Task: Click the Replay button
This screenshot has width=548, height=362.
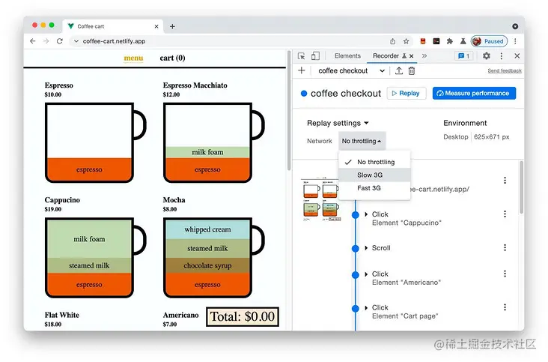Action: tap(407, 94)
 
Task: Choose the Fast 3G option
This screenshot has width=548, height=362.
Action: tap(370, 188)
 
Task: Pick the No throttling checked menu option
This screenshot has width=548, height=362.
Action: tap(375, 162)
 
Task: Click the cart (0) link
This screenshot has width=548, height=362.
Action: tap(172, 58)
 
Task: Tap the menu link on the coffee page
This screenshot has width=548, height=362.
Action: tap(134, 58)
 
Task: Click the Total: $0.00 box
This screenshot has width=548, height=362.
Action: tap(242, 316)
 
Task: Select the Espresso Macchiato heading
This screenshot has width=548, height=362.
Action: tap(195, 85)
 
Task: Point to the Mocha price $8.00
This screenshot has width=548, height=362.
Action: tap(171, 209)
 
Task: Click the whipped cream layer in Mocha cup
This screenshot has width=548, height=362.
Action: tap(208, 229)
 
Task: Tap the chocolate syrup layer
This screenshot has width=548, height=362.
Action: tap(208, 265)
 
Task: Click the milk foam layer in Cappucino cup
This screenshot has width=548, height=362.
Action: tap(89, 239)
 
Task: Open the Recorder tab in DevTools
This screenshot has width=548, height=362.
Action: tap(386, 56)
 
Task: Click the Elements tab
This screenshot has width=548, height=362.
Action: tap(347, 56)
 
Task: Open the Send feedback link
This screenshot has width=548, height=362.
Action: tap(505, 70)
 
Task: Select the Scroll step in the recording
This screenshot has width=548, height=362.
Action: tap(381, 248)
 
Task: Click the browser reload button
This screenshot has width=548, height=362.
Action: tap(60, 41)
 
